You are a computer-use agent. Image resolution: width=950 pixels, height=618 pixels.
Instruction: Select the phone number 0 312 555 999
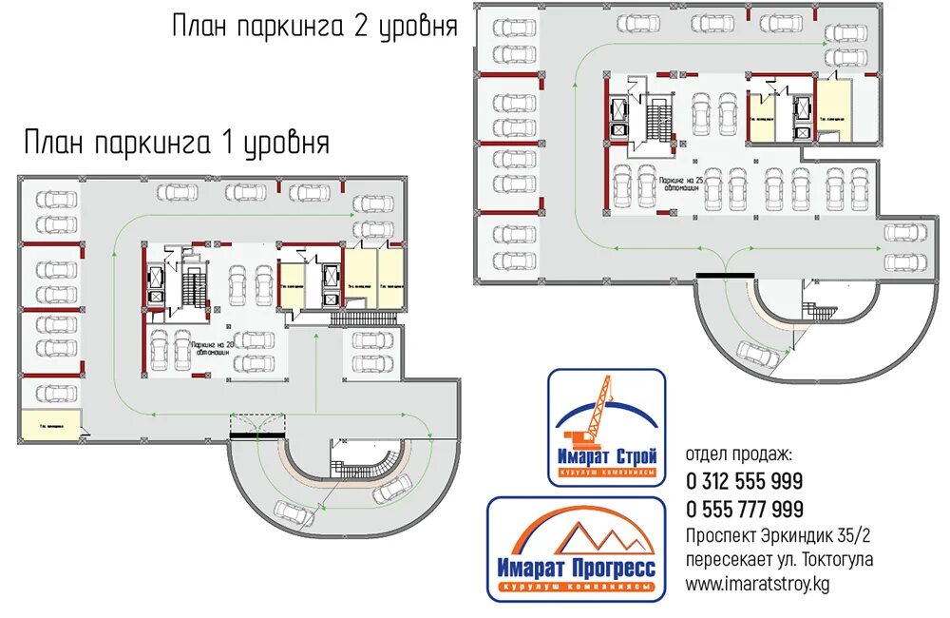(x=744, y=481)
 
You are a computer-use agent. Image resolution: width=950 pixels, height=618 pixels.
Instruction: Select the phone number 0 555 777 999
(x=744, y=510)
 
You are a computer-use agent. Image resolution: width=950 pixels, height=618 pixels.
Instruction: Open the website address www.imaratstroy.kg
(x=756, y=584)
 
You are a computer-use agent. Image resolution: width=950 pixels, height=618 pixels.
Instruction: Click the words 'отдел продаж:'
(x=737, y=456)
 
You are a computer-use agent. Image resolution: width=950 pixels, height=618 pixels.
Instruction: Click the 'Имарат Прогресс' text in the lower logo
(x=576, y=569)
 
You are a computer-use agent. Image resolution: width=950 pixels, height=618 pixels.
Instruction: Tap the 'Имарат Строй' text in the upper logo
(x=606, y=459)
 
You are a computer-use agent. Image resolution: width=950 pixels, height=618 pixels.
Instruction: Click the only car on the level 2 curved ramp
(x=761, y=355)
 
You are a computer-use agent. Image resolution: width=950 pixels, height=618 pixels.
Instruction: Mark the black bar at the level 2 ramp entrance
(x=724, y=275)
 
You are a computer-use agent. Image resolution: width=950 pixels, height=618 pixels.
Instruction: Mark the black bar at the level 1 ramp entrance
(x=256, y=434)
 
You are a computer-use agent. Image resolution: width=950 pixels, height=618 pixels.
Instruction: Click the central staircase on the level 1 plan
(x=193, y=285)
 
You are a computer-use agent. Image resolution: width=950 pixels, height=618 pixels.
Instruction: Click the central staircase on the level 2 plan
(x=658, y=117)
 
